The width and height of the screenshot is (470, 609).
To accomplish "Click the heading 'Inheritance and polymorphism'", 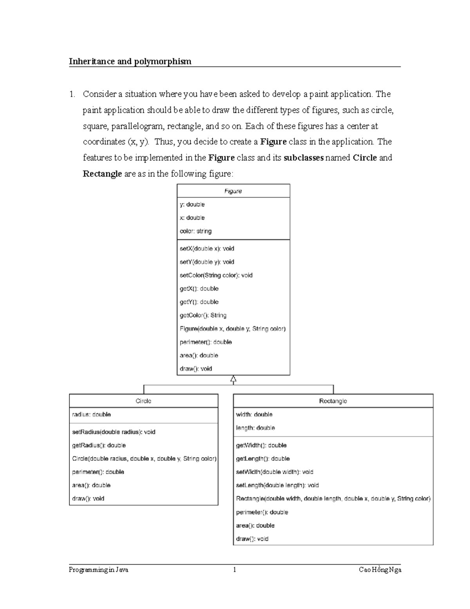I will (x=130, y=61).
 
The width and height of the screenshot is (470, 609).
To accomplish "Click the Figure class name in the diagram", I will (x=233, y=191).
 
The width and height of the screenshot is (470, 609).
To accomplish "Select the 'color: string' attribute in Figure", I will (x=195, y=231).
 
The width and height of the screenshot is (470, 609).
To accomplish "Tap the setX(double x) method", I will (x=207, y=248).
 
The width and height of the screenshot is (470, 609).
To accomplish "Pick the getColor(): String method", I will (x=203, y=315).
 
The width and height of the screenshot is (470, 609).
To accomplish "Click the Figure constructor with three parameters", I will (x=232, y=329).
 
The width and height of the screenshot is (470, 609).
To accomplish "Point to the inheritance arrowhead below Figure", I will (x=233, y=379).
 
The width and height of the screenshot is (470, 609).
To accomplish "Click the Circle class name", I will (x=143, y=401).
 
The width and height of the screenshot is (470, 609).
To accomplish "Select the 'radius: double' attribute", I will (x=91, y=414).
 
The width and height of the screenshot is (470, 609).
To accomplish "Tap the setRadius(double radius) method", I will (x=114, y=432).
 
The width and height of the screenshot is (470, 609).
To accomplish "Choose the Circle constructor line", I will (x=144, y=458).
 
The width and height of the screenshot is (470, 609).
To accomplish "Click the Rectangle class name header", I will (x=333, y=401).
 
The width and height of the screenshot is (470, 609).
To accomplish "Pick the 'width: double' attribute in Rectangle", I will (x=254, y=414).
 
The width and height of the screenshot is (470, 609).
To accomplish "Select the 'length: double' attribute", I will (x=255, y=427).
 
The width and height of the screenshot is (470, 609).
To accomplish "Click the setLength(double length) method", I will (x=277, y=485).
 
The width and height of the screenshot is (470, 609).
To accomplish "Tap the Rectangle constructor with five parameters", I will (x=333, y=498).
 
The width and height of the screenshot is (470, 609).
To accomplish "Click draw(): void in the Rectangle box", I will (x=252, y=538).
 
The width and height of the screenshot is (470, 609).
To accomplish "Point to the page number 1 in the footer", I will (x=235, y=570).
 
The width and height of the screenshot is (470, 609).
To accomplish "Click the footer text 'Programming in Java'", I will (x=99, y=570).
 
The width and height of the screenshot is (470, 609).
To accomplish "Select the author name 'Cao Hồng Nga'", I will (x=380, y=570).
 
